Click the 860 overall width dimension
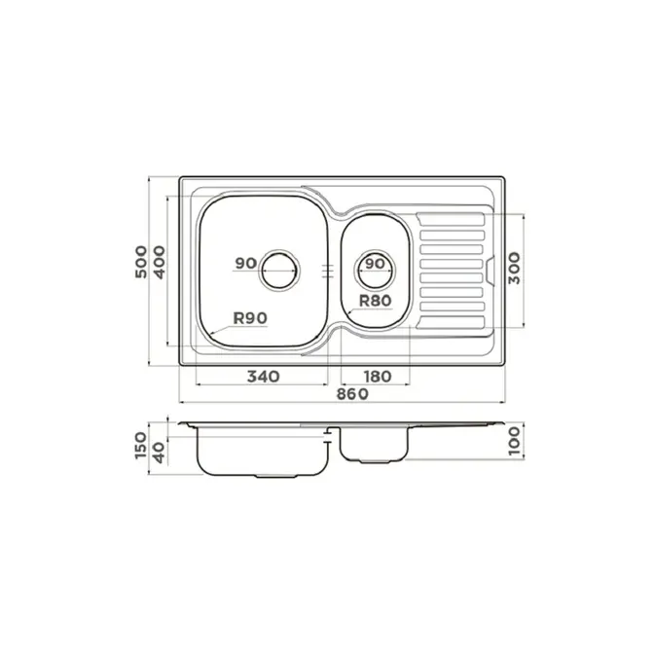pos(352,394)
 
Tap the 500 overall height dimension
pos(141,262)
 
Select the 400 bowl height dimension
pos(160,262)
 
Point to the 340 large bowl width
pos(263,377)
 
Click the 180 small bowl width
pos(378,377)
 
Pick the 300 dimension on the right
pos(514,269)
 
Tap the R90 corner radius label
pos(250,318)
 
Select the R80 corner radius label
pos(376,301)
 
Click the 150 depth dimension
pos(141,446)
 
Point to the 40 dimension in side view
pos(160,454)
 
